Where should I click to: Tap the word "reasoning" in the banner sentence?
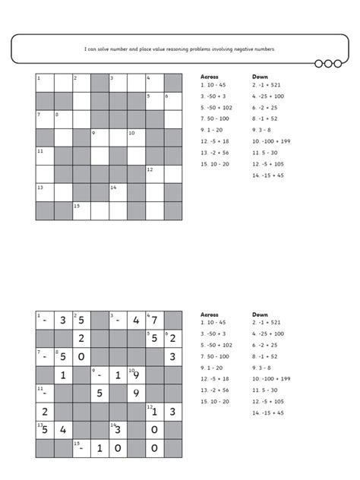click(177, 49)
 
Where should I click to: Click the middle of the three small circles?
click(328, 64)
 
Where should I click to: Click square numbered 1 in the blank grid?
click(45, 83)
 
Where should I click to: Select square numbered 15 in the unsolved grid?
click(81, 211)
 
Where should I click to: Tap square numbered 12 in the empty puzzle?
click(155, 174)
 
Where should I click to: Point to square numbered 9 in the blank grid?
click(99, 137)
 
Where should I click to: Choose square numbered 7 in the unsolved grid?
click(45, 119)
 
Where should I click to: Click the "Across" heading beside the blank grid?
click(208, 77)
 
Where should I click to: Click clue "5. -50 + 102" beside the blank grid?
click(216, 108)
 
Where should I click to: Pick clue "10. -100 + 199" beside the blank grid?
click(270, 141)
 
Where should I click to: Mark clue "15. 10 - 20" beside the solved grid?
click(215, 401)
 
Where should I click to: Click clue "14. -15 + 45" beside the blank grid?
click(268, 175)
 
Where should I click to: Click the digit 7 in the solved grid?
click(155, 320)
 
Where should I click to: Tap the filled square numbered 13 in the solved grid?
click(45, 430)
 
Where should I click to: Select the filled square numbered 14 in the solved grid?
click(118, 430)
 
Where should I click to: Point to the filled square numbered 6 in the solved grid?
click(173, 338)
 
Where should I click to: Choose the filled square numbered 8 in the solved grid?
click(63, 356)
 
